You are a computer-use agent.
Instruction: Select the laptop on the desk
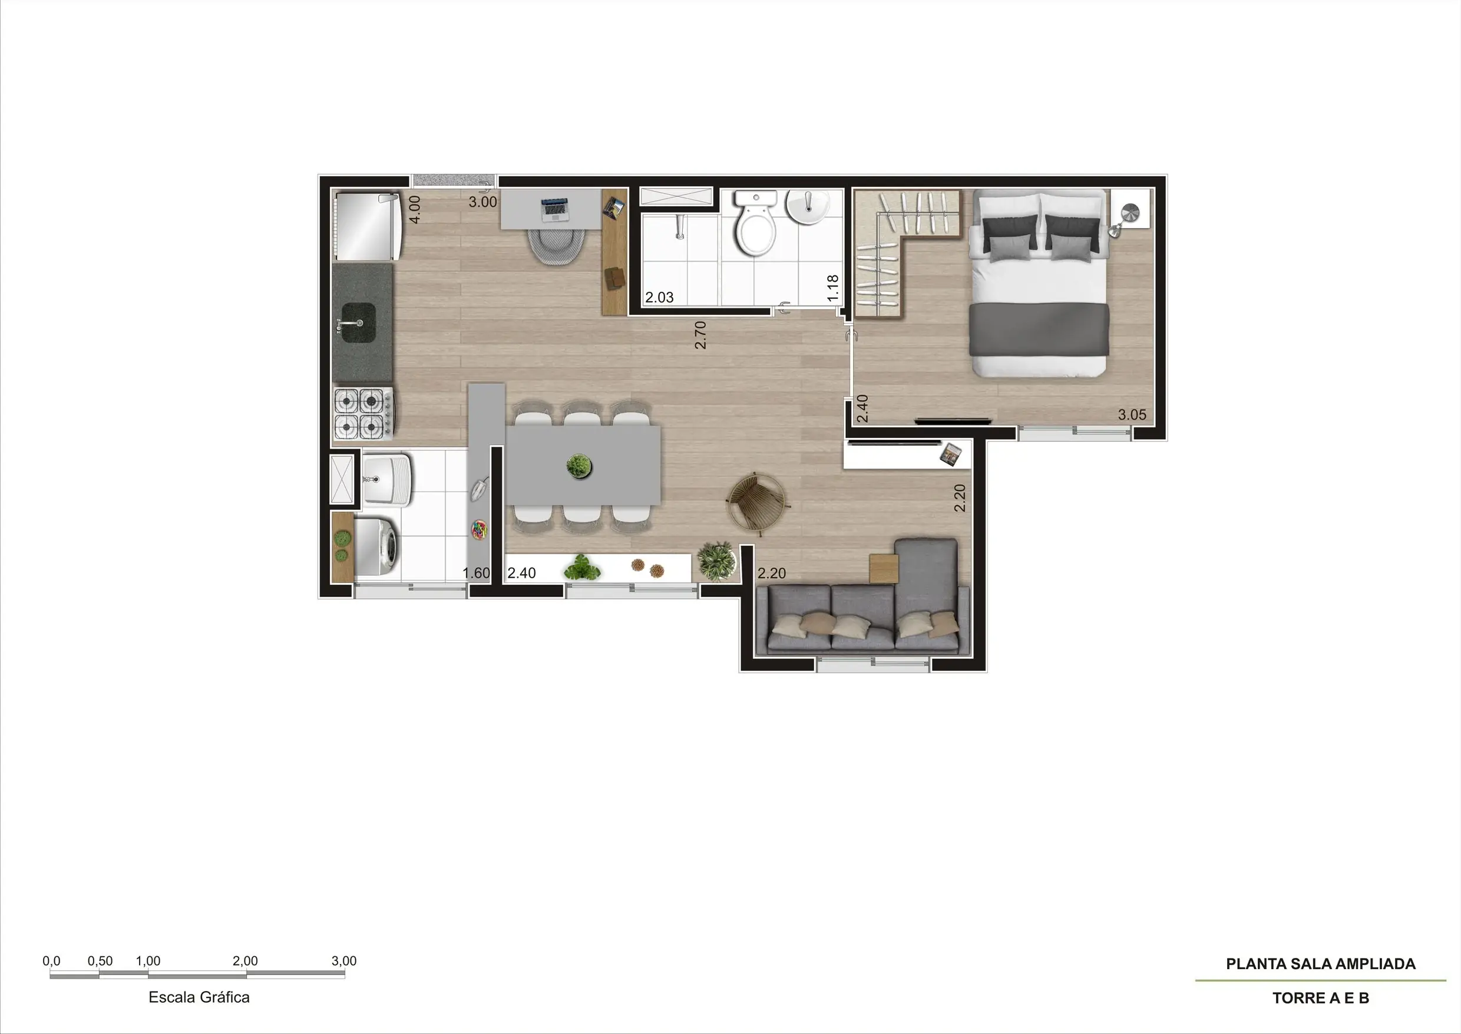coord(554,209)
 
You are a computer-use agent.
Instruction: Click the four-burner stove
coord(363,413)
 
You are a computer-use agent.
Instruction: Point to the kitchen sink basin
coord(358,322)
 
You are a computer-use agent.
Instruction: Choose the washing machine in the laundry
coord(375,547)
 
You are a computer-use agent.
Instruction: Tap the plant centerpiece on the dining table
coord(579,466)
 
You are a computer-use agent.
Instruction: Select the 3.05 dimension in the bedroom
coord(1132,414)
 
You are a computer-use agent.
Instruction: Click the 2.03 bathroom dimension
coord(659,297)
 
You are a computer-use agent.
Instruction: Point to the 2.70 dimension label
coord(700,335)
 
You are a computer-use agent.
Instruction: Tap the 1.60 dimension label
coord(477,573)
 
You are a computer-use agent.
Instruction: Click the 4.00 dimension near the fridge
coord(414,209)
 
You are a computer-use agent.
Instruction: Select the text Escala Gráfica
coord(199,997)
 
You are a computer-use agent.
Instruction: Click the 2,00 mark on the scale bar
coord(245,961)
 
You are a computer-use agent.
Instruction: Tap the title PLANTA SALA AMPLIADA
coord(1320,964)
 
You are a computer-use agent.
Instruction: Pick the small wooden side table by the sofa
coord(884,568)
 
